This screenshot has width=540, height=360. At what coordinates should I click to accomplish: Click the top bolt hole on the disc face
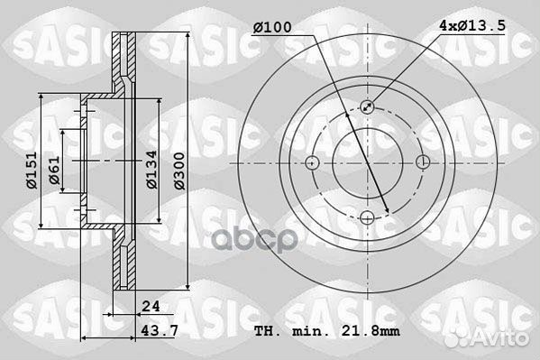click(368, 106)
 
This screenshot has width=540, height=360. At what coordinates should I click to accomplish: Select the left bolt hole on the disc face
click(312, 163)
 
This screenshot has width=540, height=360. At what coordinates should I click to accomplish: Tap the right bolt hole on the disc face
click(424, 163)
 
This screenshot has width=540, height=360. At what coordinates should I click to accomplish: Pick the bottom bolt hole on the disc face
click(368, 219)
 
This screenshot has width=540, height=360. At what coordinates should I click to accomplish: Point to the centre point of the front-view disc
click(368, 163)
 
